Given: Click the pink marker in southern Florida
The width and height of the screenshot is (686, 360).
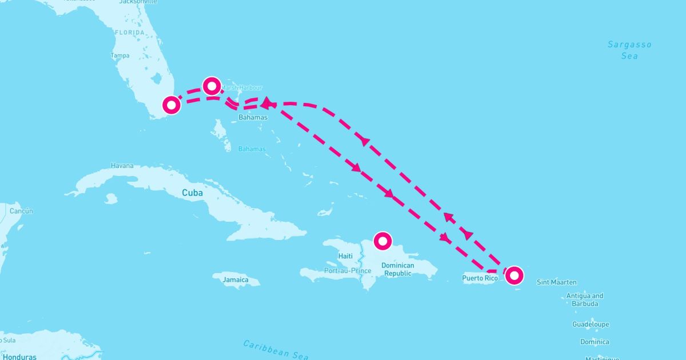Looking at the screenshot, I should point(171,105).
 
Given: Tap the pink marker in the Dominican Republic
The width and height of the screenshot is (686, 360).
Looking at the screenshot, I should point(382,241).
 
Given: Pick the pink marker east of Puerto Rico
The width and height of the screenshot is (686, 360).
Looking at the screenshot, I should point(514,275).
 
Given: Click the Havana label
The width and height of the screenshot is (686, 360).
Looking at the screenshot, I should point(122,166).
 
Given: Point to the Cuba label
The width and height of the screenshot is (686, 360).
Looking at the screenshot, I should point(192,193).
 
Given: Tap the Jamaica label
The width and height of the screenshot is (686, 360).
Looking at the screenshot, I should point(236,280).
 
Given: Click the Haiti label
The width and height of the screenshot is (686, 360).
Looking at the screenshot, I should point(345,256).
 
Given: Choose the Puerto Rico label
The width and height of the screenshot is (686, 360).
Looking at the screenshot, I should point(480,278).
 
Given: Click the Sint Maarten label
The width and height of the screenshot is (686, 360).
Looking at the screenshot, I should point(557,282).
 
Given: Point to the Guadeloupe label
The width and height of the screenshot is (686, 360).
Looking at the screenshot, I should point(591,325).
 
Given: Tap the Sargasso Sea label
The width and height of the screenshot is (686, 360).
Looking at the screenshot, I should point(629,50).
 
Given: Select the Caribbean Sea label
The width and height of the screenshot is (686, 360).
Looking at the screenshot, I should point(276,349).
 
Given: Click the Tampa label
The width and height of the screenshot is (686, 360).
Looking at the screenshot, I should point(120,56).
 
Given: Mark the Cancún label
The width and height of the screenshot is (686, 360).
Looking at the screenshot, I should point(21,211).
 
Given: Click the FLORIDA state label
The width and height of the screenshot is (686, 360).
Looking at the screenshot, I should point(130,33).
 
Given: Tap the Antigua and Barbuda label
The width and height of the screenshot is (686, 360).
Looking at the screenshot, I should point(584,300).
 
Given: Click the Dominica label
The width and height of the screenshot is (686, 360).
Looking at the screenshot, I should point(595,342).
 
